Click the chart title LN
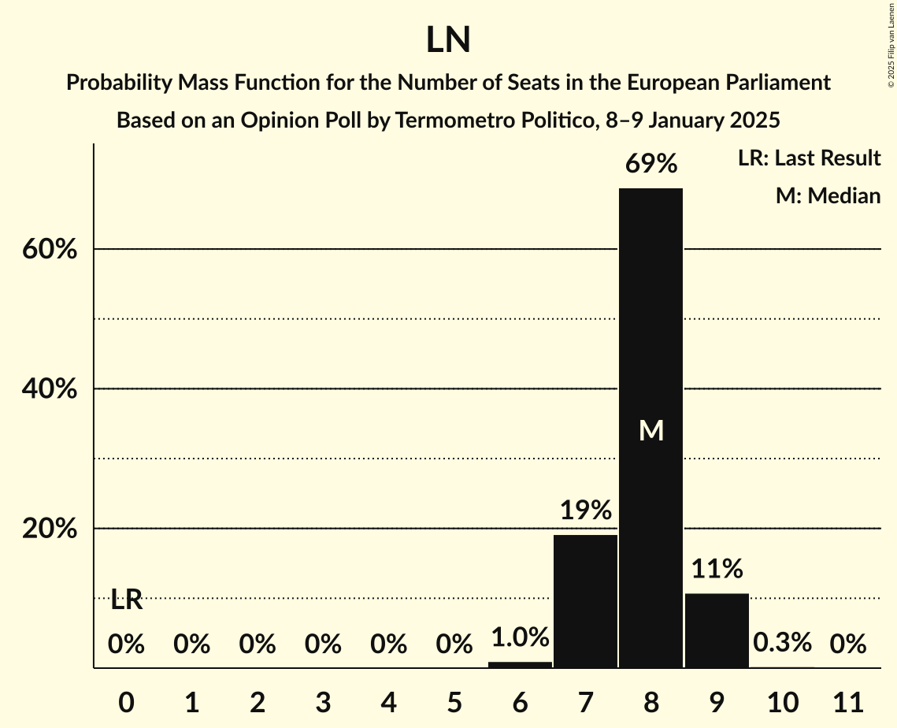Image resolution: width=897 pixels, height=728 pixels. pyautogui.click(x=448, y=40)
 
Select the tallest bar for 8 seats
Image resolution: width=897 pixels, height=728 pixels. pyautogui.click(x=651, y=428)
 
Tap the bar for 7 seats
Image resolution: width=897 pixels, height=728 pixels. pyautogui.click(x=585, y=601)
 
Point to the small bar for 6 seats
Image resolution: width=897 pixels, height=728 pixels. pyautogui.click(x=520, y=664)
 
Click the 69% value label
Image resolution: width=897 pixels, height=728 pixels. pyautogui.click(x=651, y=164)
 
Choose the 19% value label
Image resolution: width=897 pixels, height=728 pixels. pyautogui.click(x=586, y=511)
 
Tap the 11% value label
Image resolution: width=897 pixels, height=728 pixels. pyautogui.click(x=717, y=569)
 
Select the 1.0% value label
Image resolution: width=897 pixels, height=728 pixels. pyautogui.click(x=520, y=637)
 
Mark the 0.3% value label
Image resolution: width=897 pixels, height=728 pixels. pyautogui.click(x=782, y=643)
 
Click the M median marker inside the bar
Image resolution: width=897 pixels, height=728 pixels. pyautogui.click(x=651, y=430)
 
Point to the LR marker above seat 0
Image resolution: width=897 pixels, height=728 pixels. pyautogui.click(x=126, y=600)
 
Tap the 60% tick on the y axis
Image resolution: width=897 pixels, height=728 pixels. pyautogui.click(x=49, y=250)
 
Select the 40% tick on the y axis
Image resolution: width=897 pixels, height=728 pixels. pyautogui.click(x=49, y=389)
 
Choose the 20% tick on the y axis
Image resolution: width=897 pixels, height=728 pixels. pyautogui.click(x=49, y=529)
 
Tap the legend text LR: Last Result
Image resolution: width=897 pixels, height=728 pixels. pyautogui.click(x=809, y=158)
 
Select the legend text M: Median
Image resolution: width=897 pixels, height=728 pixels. pyautogui.click(x=828, y=195)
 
